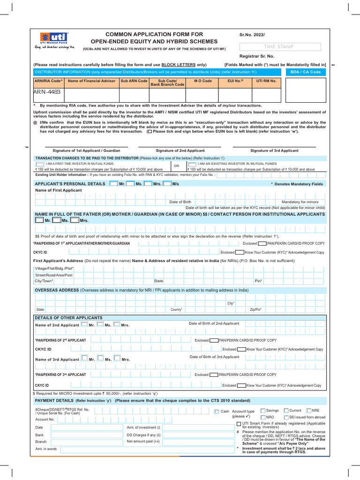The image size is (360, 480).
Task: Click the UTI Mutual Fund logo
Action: tap(54, 41)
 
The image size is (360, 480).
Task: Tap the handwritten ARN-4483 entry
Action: tap(47, 92)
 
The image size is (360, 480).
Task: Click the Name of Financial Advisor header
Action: tap(91, 81)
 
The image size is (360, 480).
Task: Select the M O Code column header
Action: tap(203, 81)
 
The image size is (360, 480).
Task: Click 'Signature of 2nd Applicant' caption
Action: tap(180, 150)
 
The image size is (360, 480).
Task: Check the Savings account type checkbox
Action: tap(263, 410)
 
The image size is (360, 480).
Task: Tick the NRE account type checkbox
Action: tap(309, 410)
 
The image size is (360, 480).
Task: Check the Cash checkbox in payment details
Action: tap(217, 412)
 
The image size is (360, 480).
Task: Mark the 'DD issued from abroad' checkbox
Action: tap(286, 417)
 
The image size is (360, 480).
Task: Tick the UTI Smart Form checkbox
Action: tap(239, 424)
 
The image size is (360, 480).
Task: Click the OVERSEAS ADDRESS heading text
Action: tap(57, 290)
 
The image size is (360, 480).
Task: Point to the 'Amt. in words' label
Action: tap(46, 449)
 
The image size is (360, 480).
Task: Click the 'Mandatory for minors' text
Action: tap(300, 202)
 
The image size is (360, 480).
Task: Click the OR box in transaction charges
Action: tap(176, 166)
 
